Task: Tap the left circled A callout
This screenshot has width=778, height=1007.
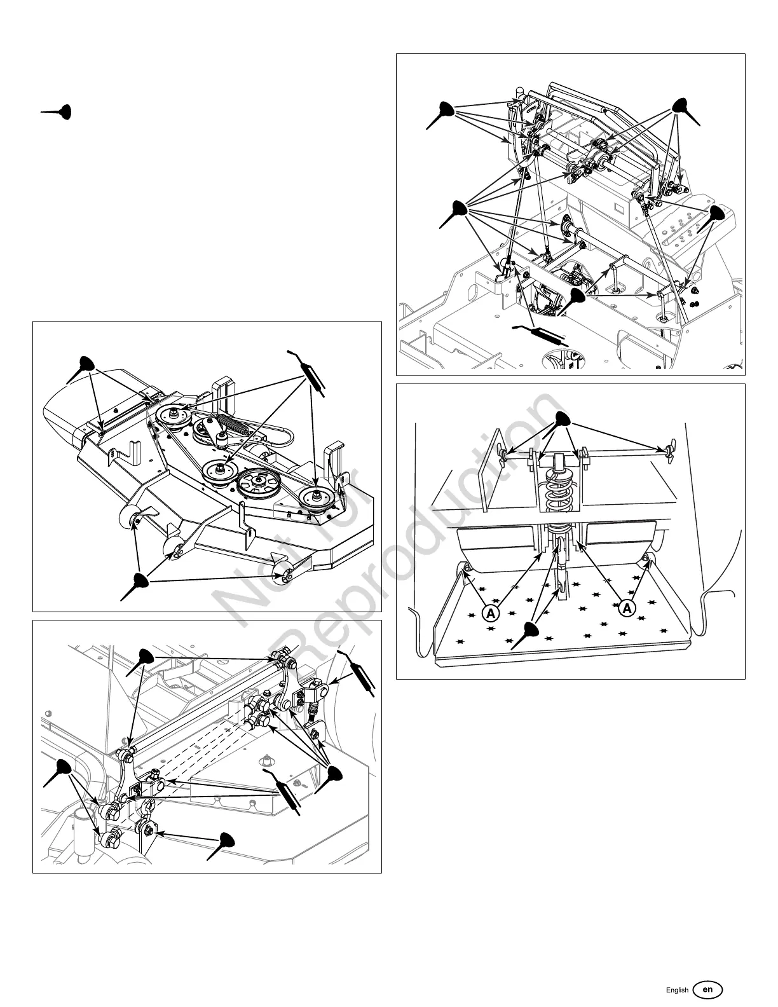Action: (489, 612)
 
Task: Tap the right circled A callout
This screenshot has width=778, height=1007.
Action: (627, 608)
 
